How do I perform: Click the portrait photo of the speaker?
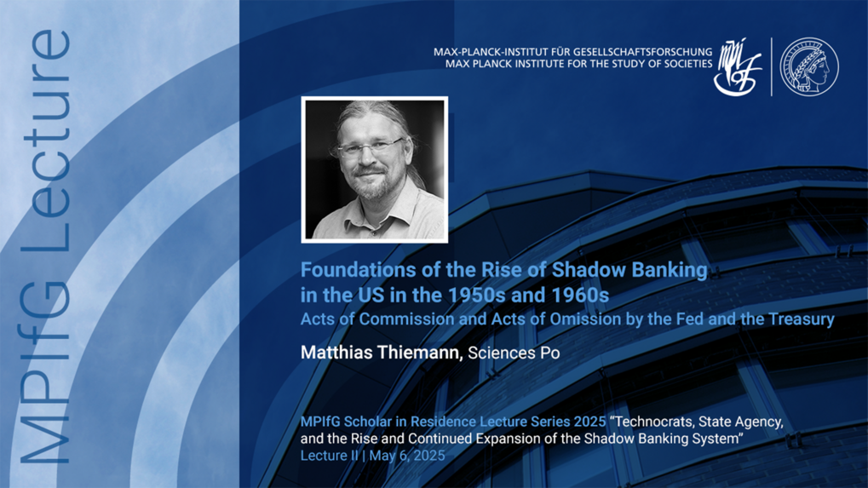(374, 170)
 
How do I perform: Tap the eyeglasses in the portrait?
(369, 147)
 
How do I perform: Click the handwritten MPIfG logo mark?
(737, 66)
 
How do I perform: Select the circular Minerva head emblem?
(809, 66)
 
